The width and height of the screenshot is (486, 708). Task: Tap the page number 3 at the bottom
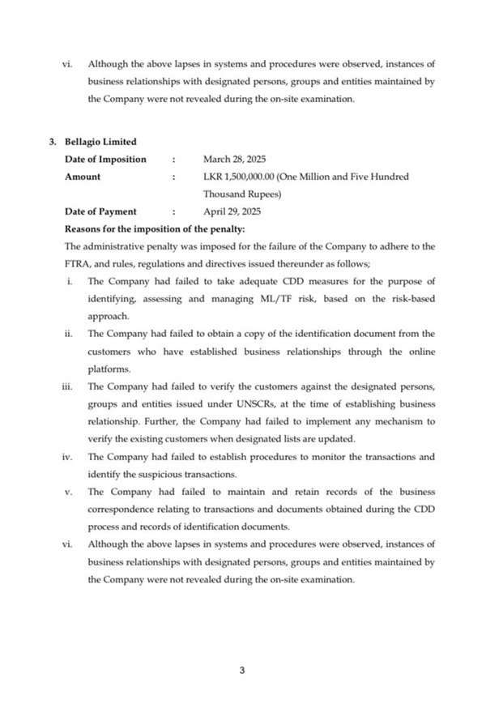click(x=242, y=669)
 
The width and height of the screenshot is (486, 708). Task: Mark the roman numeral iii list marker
click(x=67, y=386)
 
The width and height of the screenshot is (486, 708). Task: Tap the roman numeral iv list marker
click(x=67, y=456)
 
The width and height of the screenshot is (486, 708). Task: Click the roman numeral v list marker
click(x=68, y=491)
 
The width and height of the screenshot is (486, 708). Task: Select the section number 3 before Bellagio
click(x=52, y=143)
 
